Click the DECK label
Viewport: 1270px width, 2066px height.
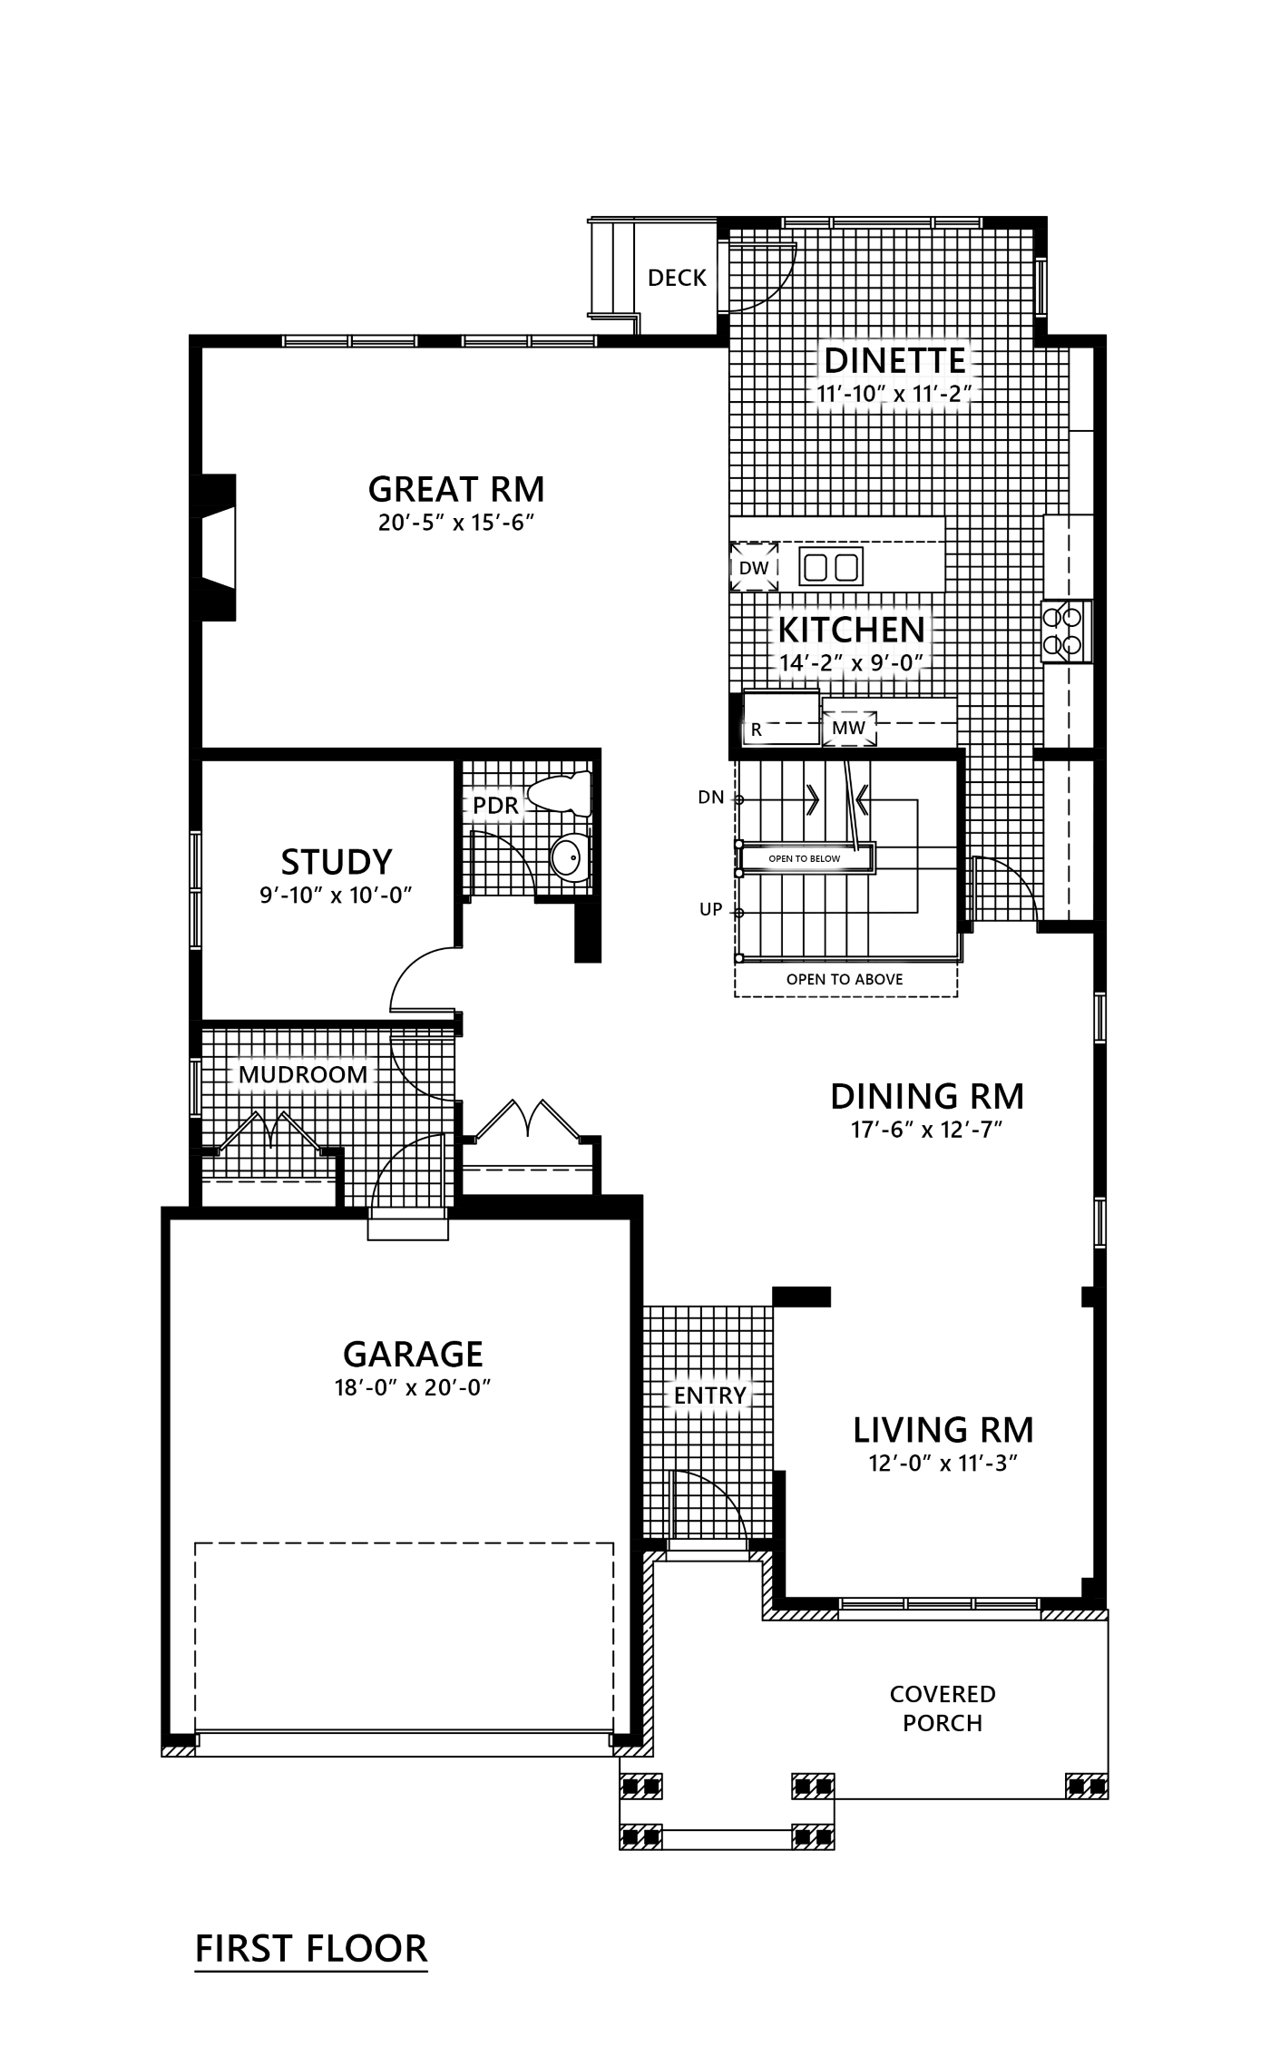coord(677,278)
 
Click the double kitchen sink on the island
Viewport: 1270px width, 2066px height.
coord(831,567)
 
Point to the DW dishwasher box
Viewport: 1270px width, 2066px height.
coord(754,568)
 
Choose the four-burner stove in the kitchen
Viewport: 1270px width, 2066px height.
coord(1066,632)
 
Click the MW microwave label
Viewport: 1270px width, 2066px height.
coord(848,728)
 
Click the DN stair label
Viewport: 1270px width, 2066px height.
coord(711,798)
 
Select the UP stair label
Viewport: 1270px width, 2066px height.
coord(711,910)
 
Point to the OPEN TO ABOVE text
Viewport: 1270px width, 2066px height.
coord(845,979)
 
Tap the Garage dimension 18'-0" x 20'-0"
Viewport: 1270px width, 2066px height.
coord(413,1387)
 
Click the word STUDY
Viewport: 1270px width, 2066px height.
coord(337,861)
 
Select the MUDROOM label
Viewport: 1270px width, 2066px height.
coord(303,1074)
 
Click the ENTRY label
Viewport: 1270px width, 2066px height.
coord(709,1395)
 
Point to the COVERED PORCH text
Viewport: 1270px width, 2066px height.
coord(943,1709)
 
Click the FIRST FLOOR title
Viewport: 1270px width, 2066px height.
coord(311,1948)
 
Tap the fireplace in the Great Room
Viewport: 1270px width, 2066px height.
coord(213,547)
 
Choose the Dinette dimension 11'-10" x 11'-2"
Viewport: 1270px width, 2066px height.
coord(894,395)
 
